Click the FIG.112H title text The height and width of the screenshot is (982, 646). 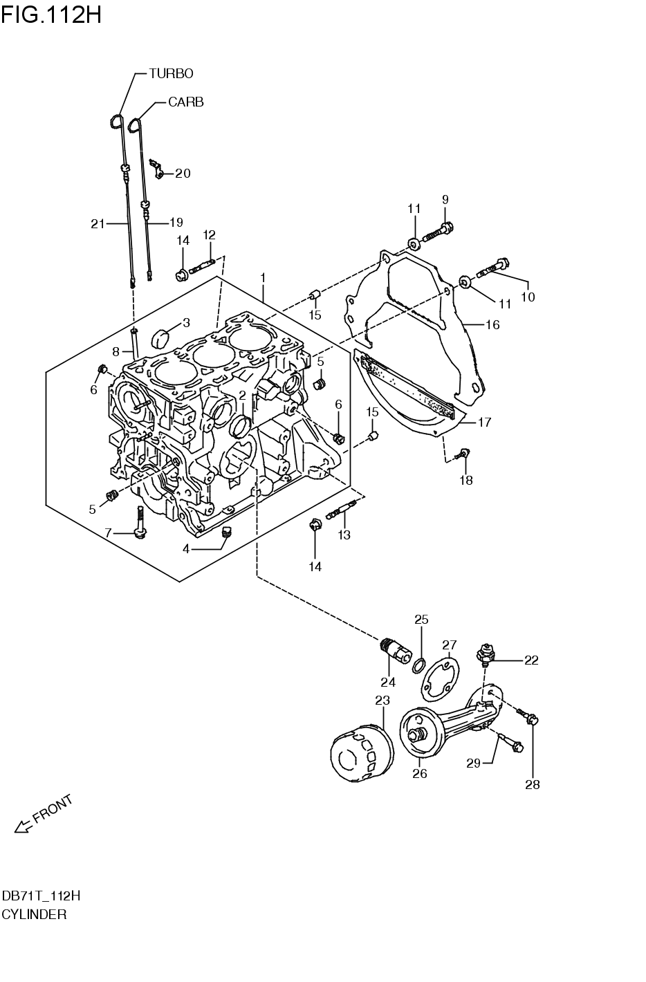(x=51, y=13)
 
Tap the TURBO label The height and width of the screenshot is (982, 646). (x=171, y=73)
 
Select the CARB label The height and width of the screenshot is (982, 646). (x=185, y=102)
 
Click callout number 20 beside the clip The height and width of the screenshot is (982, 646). (x=183, y=174)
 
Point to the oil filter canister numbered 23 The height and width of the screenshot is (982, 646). (x=360, y=752)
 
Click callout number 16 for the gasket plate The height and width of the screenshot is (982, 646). (x=492, y=324)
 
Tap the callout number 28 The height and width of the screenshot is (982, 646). (x=532, y=784)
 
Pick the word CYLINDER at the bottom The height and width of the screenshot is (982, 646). (x=34, y=914)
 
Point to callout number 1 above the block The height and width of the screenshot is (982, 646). (x=263, y=277)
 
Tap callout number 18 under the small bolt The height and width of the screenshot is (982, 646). (x=466, y=480)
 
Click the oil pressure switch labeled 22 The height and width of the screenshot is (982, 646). (x=484, y=654)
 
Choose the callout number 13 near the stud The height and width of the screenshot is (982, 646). (x=344, y=535)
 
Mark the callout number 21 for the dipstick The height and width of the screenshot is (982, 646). (x=98, y=223)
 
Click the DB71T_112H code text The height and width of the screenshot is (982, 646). (x=40, y=896)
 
